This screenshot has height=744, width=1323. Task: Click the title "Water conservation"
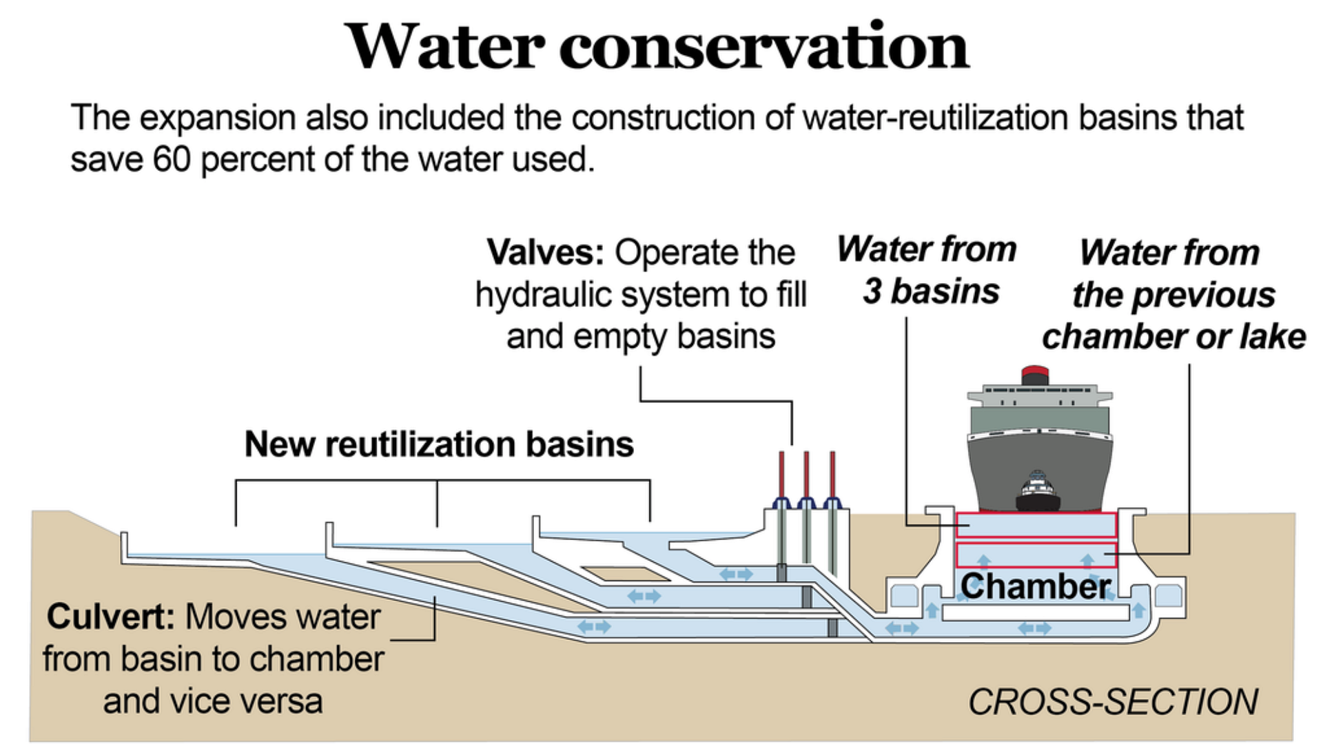click(658, 47)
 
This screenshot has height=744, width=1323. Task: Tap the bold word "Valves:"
click(545, 253)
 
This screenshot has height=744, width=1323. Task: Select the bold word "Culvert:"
click(110, 617)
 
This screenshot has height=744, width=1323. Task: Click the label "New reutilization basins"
click(439, 444)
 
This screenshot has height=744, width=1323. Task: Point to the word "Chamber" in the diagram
click(1035, 587)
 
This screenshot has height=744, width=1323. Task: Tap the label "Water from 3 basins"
click(927, 270)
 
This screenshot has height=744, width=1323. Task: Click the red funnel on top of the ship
click(1034, 375)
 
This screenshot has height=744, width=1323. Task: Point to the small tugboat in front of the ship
click(1038, 490)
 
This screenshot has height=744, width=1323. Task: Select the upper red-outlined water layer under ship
click(1036, 525)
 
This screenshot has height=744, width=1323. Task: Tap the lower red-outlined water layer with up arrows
click(1036, 555)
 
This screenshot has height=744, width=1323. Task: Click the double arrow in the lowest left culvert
click(594, 627)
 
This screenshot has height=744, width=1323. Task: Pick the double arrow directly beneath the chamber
click(1035, 628)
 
